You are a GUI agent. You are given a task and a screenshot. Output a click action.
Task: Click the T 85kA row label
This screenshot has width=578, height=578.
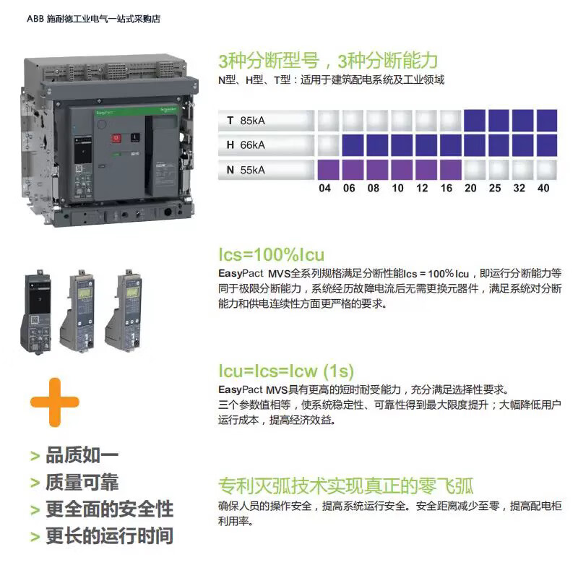pos(246,121)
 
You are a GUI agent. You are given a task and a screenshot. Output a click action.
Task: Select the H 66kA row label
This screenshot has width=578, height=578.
pos(246,145)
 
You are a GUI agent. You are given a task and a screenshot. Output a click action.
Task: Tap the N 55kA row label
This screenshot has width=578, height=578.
pos(246,170)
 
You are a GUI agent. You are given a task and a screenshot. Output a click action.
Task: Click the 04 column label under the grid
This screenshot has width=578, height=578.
pos(324,188)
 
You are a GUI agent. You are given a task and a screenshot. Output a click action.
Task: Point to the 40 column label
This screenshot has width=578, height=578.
pos(543,188)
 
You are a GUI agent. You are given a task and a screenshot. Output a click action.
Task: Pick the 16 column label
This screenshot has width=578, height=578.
pos(447,188)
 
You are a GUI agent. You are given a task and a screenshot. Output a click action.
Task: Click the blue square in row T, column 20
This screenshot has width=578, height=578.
pos(475,121)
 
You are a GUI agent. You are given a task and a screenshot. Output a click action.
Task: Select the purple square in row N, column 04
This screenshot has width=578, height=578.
pos(329,170)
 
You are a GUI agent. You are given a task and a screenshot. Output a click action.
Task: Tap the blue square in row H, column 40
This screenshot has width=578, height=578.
pos(547,145)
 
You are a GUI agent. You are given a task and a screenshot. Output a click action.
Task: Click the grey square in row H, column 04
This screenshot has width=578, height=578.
pos(329,145)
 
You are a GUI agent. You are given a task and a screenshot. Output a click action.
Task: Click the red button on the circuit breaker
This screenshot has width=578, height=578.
pos(116,138)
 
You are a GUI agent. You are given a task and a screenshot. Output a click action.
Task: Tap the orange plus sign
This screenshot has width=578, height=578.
pos(55,402)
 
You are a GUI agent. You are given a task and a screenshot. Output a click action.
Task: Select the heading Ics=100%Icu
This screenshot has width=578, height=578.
pos(272,255)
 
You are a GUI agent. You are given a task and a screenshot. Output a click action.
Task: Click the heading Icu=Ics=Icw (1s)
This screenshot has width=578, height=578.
pos(286,371)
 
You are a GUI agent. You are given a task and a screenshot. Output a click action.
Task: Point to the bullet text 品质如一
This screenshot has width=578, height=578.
pos(82,455)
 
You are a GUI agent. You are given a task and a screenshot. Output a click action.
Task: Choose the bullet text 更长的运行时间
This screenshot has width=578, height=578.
pos(110,535)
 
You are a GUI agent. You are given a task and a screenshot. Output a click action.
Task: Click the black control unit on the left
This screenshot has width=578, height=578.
pos(36,312)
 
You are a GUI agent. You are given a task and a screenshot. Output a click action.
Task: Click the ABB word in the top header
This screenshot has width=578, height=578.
pos(35,19)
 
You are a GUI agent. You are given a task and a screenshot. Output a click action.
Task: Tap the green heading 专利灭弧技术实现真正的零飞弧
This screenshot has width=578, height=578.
pos(346,486)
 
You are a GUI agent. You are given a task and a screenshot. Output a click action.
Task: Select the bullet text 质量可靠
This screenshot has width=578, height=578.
pos(82,482)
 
